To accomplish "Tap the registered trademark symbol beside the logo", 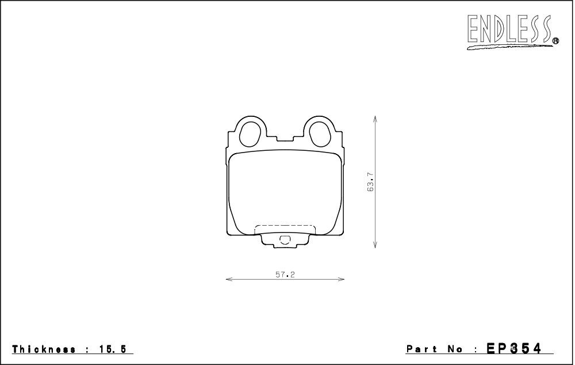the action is point(555,41).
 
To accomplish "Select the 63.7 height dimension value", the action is point(370,182).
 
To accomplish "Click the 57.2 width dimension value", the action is point(285,274).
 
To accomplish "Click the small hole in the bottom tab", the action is point(284,240).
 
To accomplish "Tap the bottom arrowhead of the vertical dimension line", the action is point(375,244).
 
